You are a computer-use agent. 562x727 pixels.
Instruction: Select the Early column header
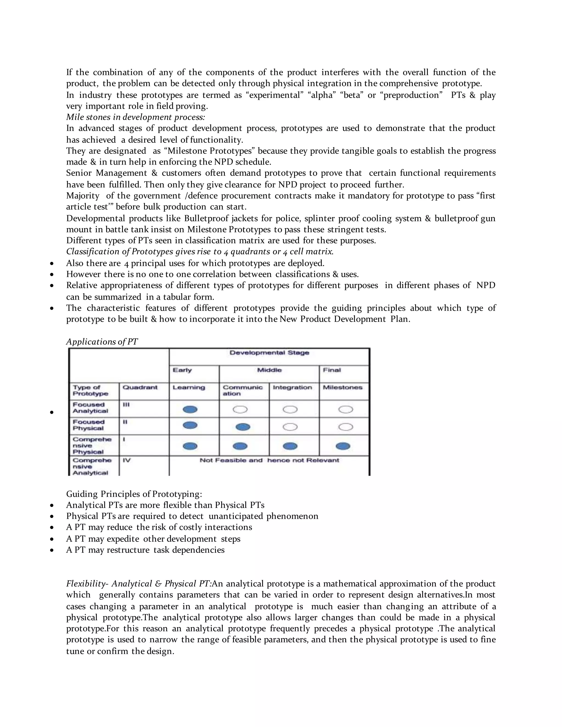tap(182, 370)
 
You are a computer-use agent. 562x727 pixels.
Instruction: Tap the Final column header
tap(331, 370)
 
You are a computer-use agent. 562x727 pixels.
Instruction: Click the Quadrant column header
tap(140, 387)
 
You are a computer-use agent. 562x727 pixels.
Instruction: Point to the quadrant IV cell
tap(127, 460)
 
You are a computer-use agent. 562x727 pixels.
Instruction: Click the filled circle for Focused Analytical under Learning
tap(190, 409)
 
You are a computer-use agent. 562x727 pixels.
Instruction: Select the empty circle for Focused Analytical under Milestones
tap(345, 409)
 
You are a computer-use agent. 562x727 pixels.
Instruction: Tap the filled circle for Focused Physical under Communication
tap(243, 427)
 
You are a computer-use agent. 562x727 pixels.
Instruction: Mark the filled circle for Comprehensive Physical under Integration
tap(290, 446)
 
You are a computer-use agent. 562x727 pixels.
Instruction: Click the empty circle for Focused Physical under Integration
tap(290, 427)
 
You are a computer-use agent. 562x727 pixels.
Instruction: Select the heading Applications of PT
tap(102, 342)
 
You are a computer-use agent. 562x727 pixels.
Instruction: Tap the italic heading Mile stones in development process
tap(136, 117)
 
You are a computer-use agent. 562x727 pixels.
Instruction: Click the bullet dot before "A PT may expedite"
tap(52, 539)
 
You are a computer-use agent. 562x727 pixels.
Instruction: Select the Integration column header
tap(292, 387)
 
